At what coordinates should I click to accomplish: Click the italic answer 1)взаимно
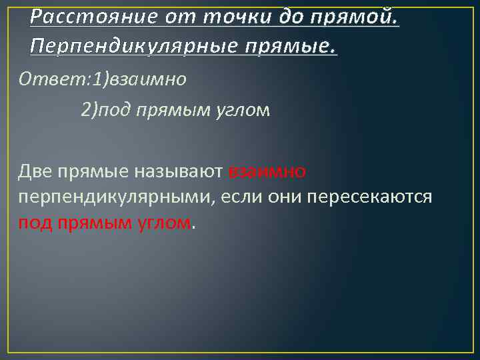pos(139,79)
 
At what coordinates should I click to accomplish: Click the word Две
pos(34,172)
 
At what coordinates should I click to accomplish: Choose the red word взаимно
pos(267,172)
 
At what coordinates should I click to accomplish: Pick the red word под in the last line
pos(33,223)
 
